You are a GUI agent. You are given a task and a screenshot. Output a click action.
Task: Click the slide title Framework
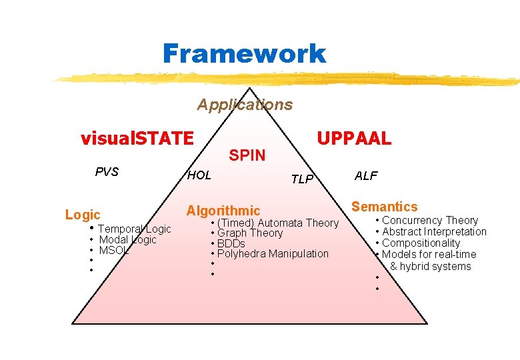244,53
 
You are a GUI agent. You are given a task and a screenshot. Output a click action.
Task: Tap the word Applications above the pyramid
245,105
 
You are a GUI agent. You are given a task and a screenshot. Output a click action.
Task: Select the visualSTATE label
137,139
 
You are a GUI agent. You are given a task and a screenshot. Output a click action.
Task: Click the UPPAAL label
354,139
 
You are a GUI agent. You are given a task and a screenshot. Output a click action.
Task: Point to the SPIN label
247,156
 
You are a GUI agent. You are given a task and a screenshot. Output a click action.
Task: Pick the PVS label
107,172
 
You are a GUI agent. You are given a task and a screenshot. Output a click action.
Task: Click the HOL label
199,175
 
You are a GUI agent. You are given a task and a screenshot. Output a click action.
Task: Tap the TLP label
302,179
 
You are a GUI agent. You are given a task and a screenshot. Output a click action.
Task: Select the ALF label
366,176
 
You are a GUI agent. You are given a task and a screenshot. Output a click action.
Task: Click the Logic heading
83,215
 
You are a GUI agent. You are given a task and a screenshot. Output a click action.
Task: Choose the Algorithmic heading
223,211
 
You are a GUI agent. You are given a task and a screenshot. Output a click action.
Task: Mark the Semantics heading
385,207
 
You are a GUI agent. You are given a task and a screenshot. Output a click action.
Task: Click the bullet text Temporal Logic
135,229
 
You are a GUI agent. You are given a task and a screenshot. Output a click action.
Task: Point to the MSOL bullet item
113,251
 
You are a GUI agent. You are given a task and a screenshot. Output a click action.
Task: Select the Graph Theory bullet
250,233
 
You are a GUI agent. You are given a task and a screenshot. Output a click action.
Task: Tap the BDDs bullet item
231,243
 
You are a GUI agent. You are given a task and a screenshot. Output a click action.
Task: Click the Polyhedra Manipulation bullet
273,253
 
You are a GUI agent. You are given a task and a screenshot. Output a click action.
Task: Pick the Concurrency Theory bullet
430,221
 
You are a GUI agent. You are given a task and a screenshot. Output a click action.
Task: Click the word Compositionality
421,243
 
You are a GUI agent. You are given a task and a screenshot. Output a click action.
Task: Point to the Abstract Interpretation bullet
434,232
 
